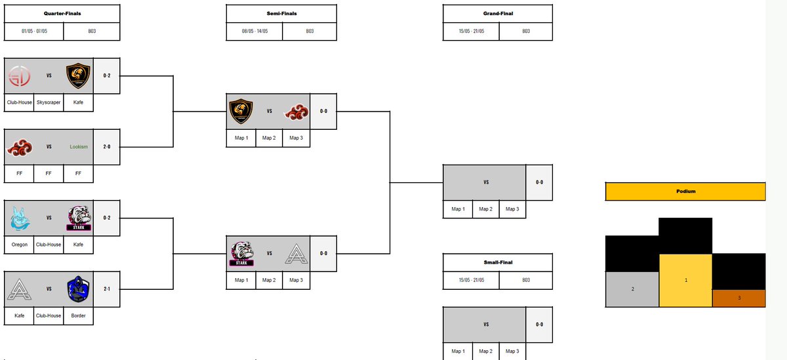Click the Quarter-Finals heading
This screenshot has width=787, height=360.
click(x=62, y=13)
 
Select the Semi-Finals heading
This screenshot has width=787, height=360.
click(x=281, y=13)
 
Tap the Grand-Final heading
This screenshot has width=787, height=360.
click(x=498, y=13)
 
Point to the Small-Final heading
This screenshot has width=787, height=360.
click(x=498, y=262)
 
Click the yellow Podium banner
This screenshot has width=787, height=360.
click(x=685, y=191)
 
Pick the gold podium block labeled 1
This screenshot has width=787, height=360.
click(x=685, y=280)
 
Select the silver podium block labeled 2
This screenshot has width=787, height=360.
click(x=632, y=289)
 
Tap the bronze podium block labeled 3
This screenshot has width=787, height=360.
click(x=738, y=298)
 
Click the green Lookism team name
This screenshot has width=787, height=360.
click(x=79, y=147)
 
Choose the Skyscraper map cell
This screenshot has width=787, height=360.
click(x=49, y=103)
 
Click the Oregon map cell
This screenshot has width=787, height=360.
click(x=20, y=245)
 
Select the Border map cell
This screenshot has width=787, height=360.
click(x=79, y=315)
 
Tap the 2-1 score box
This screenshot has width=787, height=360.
click(x=107, y=289)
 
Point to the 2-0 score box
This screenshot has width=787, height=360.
click(x=107, y=147)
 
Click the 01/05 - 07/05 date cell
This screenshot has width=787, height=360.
click(x=34, y=31)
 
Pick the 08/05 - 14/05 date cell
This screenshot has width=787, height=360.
click(x=254, y=31)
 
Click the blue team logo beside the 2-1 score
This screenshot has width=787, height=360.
click(x=78, y=289)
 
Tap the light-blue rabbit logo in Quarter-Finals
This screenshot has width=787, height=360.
click(x=19, y=218)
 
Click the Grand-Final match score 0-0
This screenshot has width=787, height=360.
click(x=539, y=182)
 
